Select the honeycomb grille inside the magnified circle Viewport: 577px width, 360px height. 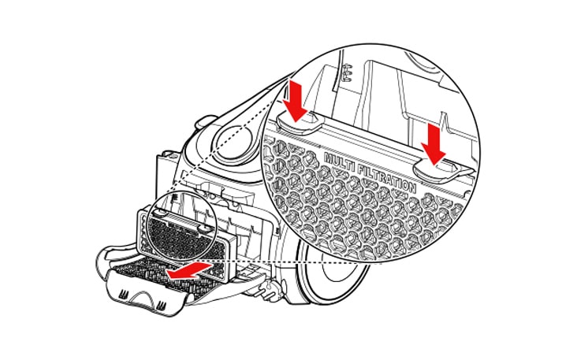pos(355,213)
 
